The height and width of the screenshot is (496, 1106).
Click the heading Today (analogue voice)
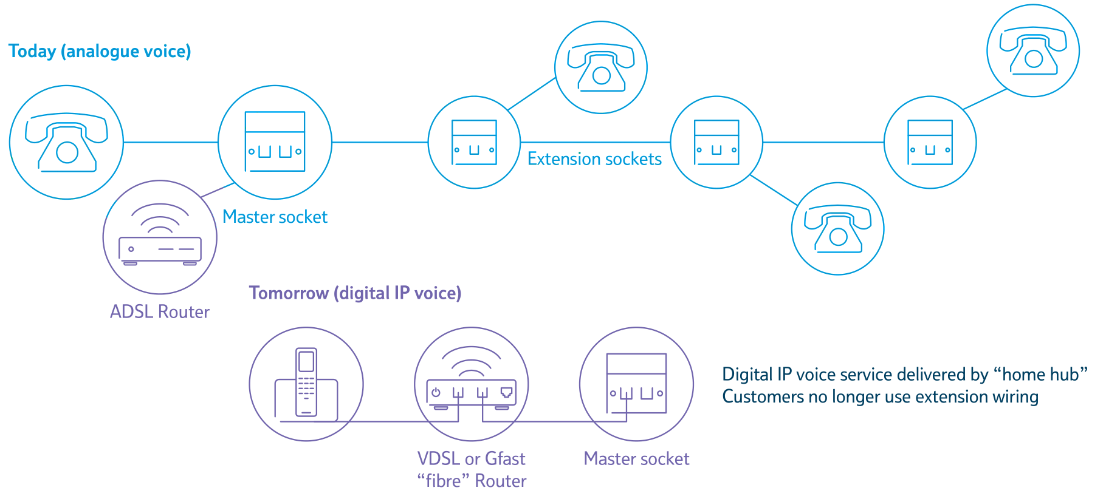click(100, 52)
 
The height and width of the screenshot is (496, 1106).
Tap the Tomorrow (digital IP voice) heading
click(355, 293)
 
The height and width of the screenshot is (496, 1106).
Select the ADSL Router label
click(159, 312)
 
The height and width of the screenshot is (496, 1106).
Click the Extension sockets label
click(594, 159)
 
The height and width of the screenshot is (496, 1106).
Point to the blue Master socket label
click(275, 217)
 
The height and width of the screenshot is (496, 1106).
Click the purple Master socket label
click(636, 459)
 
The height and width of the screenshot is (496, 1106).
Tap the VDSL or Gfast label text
click(471, 459)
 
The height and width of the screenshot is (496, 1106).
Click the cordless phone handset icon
click(306, 382)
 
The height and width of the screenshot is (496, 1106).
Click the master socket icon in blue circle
click(275, 141)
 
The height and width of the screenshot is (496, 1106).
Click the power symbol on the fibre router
click(436, 393)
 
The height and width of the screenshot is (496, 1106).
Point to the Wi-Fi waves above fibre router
click(471, 362)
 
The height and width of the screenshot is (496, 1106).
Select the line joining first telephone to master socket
click(171, 143)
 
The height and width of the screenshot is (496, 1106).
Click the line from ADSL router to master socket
click(218, 189)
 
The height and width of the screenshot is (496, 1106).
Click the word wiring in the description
click(1015, 397)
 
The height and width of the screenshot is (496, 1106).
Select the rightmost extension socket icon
click(930, 143)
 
